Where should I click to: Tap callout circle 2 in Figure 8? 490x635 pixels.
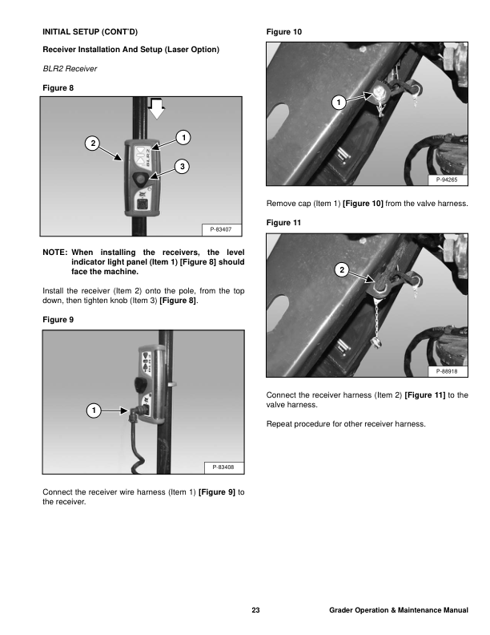click(x=94, y=143)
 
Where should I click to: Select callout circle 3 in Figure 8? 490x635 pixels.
click(x=183, y=165)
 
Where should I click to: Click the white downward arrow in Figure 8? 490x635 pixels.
click(x=156, y=107)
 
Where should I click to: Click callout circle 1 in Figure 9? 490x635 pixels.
click(x=94, y=411)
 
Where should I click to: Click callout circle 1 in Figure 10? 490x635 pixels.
click(x=339, y=102)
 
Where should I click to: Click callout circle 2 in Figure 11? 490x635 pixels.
click(x=342, y=269)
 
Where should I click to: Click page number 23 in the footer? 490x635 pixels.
click(x=255, y=612)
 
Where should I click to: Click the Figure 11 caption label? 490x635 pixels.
click(x=283, y=221)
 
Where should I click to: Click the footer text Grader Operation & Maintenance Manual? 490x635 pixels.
click(x=398, y=612)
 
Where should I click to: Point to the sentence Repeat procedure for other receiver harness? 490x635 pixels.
click(x=346, y=423)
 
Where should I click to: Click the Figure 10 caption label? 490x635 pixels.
click(x=283, y=31)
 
